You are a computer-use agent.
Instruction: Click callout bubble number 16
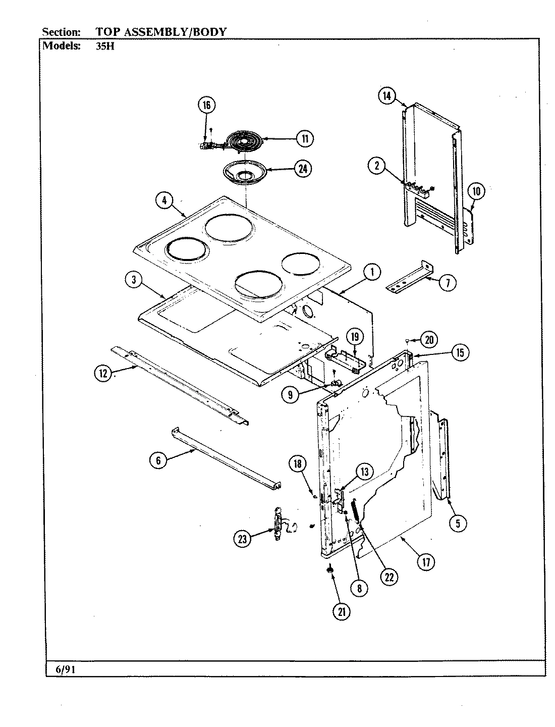206,105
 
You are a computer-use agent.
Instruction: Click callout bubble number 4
164,200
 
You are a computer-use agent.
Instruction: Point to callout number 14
386,96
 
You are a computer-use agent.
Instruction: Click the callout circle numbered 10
477,191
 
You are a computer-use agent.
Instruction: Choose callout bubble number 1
372,273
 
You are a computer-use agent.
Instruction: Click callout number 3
133,281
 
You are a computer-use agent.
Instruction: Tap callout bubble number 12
103,374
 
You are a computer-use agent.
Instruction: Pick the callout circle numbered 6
158,460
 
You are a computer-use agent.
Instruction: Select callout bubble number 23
243,539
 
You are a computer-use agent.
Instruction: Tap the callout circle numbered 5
458,524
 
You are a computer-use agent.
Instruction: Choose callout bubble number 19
354,337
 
